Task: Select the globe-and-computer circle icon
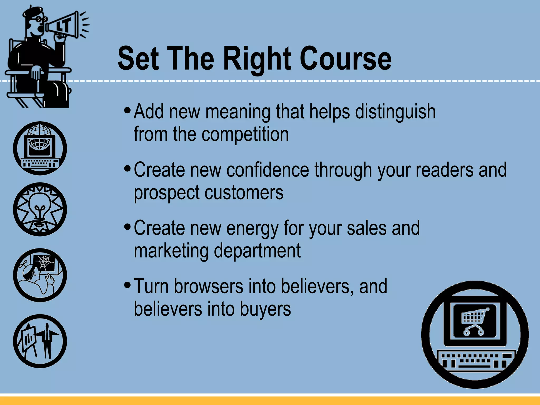pos(40,148)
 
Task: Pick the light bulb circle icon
pos(40,209)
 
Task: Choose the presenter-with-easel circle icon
pos(40,341)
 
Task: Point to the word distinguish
pos(395,112)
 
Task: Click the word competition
pos(245,134)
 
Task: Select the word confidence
pos(268,170)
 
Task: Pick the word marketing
pos(171,251)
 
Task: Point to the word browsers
pos(209,286)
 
